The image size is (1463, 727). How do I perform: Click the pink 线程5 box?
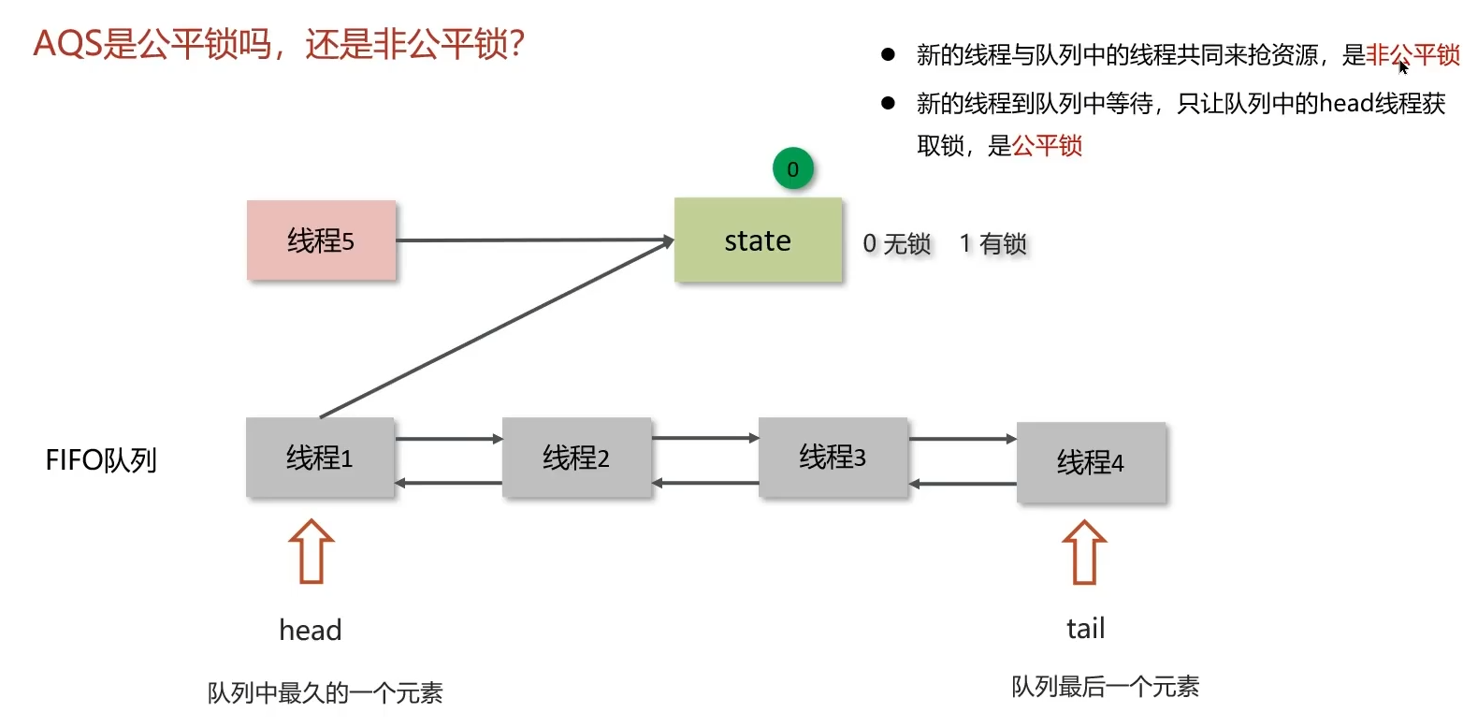[321, 240]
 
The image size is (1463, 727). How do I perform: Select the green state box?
[758, 240]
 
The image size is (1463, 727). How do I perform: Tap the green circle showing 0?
[792, 169]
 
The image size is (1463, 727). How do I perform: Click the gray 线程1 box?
[320, 458]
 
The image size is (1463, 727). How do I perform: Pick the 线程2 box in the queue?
[576, 458]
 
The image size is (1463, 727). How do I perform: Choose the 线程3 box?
[833, 457]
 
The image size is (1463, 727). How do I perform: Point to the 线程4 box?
[1091, 462]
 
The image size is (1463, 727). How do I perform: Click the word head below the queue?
[311, 630]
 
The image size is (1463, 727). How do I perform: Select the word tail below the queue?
[1085, 629]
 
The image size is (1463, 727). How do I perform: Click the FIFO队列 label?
[101, 461]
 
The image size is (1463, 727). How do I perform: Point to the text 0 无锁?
[897, 244]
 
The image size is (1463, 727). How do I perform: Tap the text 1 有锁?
[993, 244]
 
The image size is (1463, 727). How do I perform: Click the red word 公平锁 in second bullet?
[1047, 146]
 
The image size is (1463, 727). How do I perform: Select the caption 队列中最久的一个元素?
[325, 693]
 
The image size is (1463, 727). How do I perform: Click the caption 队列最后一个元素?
[1105, 687]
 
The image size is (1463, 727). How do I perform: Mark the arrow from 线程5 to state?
[533, 240]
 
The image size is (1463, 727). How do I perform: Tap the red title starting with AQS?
[278, 44]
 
